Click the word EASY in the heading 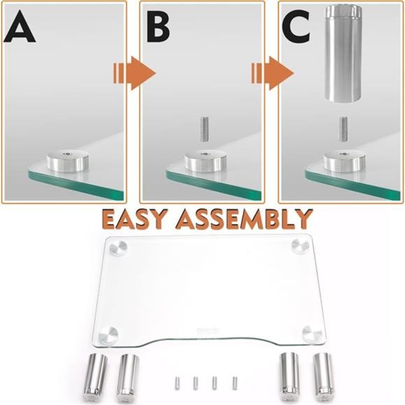(x=140, y=219)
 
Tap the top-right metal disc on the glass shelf (x=301, y=246)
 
